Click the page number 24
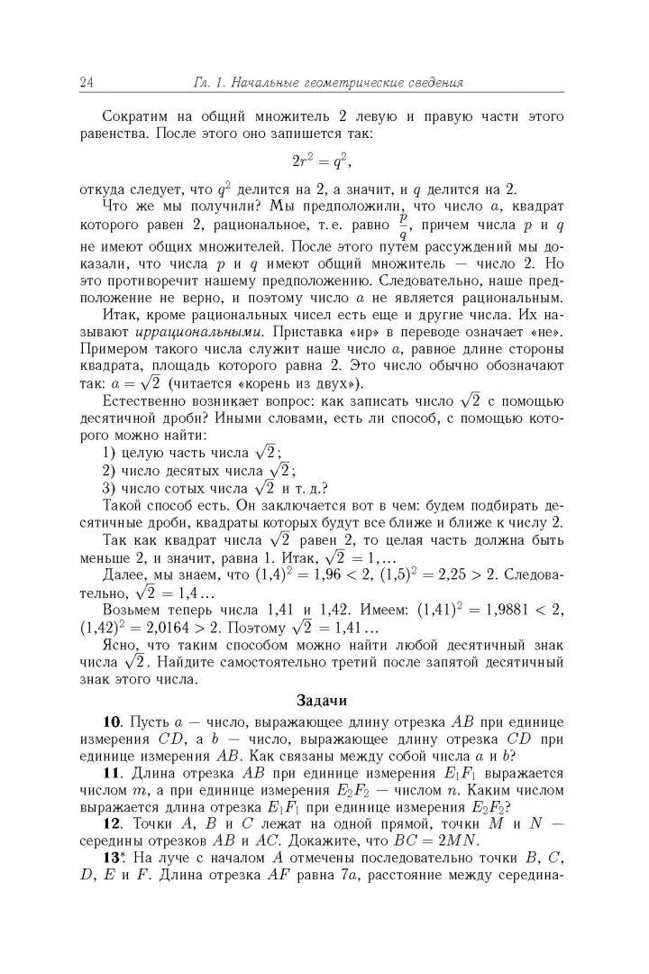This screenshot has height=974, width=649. (87, 84)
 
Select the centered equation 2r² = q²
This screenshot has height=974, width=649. (322, 162)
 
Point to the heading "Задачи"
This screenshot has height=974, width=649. (322, 699)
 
